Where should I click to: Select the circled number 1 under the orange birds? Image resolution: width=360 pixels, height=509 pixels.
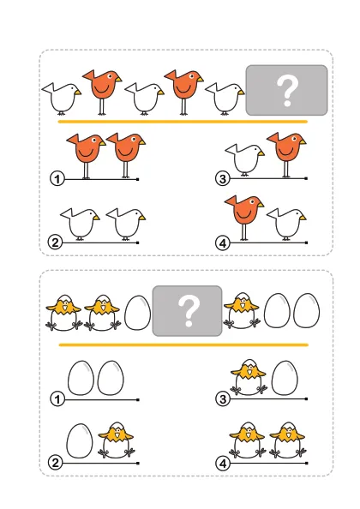tap(57, 179)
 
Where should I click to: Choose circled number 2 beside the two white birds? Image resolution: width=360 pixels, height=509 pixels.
tap(55, 243)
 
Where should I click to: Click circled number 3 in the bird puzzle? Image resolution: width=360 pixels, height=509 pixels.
tap(223, 178)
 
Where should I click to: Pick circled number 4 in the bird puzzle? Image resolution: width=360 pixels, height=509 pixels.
tap(223, 243)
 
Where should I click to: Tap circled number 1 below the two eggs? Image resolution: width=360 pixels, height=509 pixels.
tap(57, 399)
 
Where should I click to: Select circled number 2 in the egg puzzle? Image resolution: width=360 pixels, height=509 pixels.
tap(55, 463)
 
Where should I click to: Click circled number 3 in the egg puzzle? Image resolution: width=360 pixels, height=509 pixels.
tap(223, 398)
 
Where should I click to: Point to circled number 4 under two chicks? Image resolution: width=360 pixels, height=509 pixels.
tap(223, 464)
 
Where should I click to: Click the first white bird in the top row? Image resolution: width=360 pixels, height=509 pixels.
tap(63, 98)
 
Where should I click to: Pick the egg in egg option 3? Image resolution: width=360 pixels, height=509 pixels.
tap(285, 379)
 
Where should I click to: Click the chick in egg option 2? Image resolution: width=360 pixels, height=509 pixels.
tap(117, 440)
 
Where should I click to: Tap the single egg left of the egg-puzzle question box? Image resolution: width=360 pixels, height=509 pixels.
tap(138, 313)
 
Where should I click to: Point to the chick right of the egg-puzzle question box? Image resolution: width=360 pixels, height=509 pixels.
tap(242, 311)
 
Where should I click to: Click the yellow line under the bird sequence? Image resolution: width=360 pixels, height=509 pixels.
tap(183, 122)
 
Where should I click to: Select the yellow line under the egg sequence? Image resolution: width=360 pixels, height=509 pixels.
tap(183, 344)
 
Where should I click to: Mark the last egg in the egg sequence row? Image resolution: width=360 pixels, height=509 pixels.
tap(307, 311)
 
